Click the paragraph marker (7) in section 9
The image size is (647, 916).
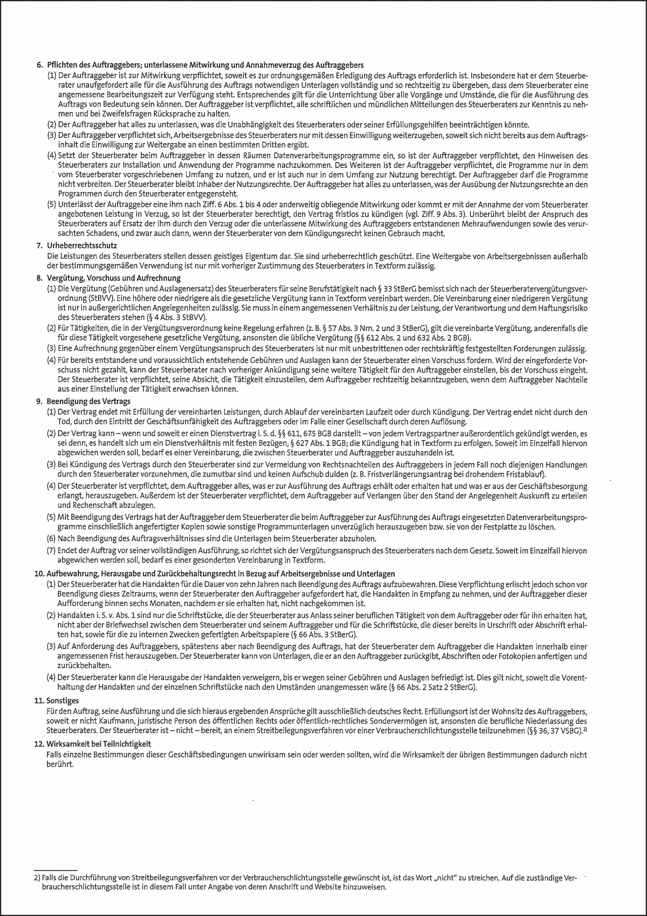point(51,551)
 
